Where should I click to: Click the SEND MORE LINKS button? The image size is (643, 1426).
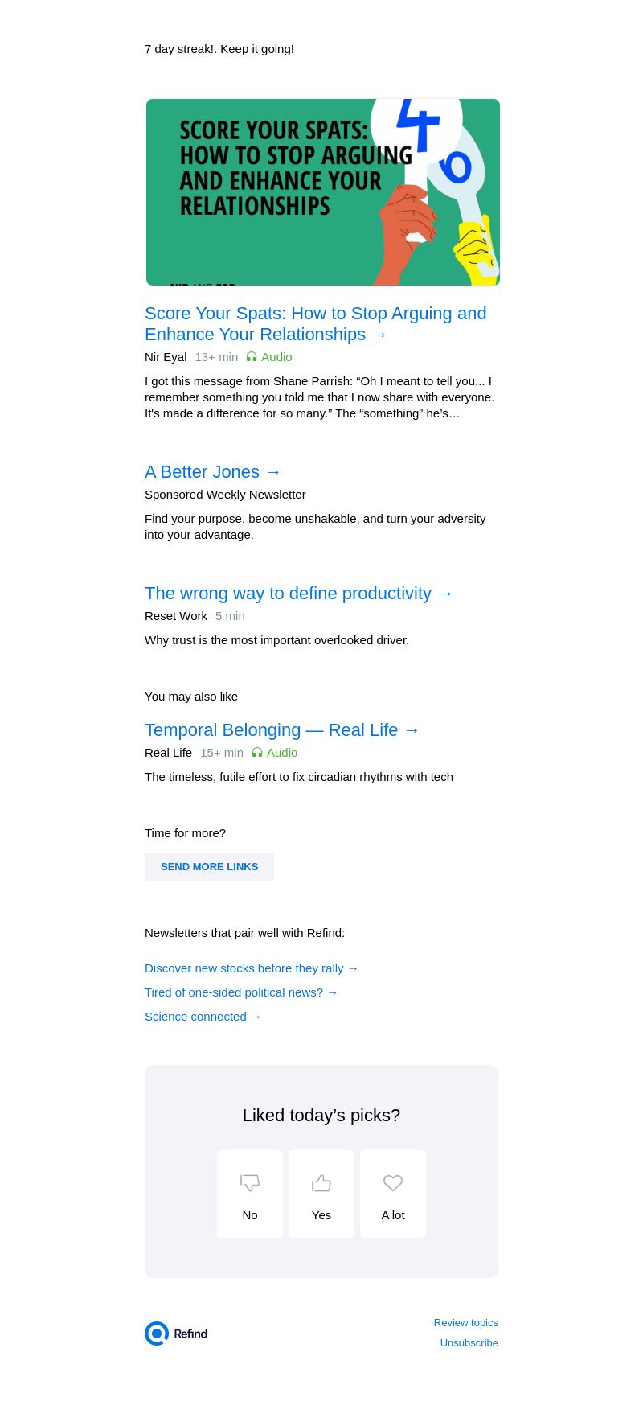click(x=209, y=866)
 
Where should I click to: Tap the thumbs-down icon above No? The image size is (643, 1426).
click(x=250, y=1182)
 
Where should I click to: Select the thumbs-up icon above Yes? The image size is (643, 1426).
click(x=321, y=1182)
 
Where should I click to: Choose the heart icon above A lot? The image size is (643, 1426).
click(x=393, y=1182)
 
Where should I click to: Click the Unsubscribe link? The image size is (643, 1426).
click(x=469, y=1342)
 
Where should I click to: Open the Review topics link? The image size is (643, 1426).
click(x=465, y=1322)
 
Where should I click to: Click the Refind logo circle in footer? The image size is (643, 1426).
click(x=157, y=1334)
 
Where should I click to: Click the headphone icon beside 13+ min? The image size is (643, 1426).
click(x=252, y=357)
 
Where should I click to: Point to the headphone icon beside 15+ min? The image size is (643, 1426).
click(x=257, y=753)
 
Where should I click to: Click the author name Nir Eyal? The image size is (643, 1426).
click(x=166, y=357)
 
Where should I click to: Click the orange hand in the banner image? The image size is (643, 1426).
click(x=406, y=233)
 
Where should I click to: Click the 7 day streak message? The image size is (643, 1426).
click(x=219, y=49)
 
